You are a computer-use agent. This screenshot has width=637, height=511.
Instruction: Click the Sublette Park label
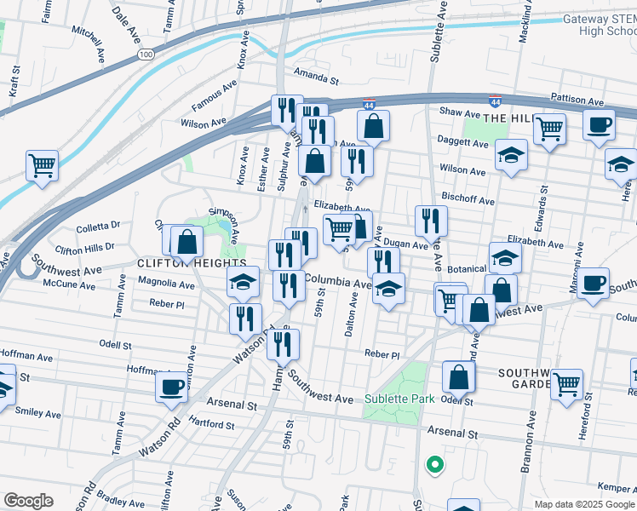click(399, 399)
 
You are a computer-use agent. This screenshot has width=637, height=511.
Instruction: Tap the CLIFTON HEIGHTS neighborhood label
click(192, 264)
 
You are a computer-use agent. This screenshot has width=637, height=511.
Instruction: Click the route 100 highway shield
click(146, 55)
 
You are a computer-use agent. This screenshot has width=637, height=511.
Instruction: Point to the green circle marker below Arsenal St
click(434, 465)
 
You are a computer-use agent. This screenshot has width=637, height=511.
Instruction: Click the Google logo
click(28, 501)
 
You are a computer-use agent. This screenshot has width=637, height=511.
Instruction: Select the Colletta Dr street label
click(99, 227)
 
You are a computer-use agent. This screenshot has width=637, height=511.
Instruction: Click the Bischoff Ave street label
click(468, 201)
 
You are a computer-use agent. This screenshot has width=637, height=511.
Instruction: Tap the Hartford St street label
click(212, 424)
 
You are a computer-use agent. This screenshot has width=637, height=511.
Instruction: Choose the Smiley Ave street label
click(40, 415)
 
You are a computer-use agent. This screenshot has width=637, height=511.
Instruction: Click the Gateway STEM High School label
click(600, 25)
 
